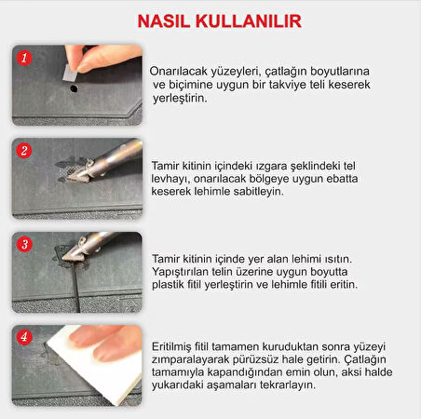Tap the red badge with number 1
coord(26,57)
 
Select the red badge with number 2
coord(26,150)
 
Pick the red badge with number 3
coord(26,245)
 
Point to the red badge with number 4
coord(26,337)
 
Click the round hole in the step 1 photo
coord(73,89)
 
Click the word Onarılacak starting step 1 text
coord(182,71)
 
